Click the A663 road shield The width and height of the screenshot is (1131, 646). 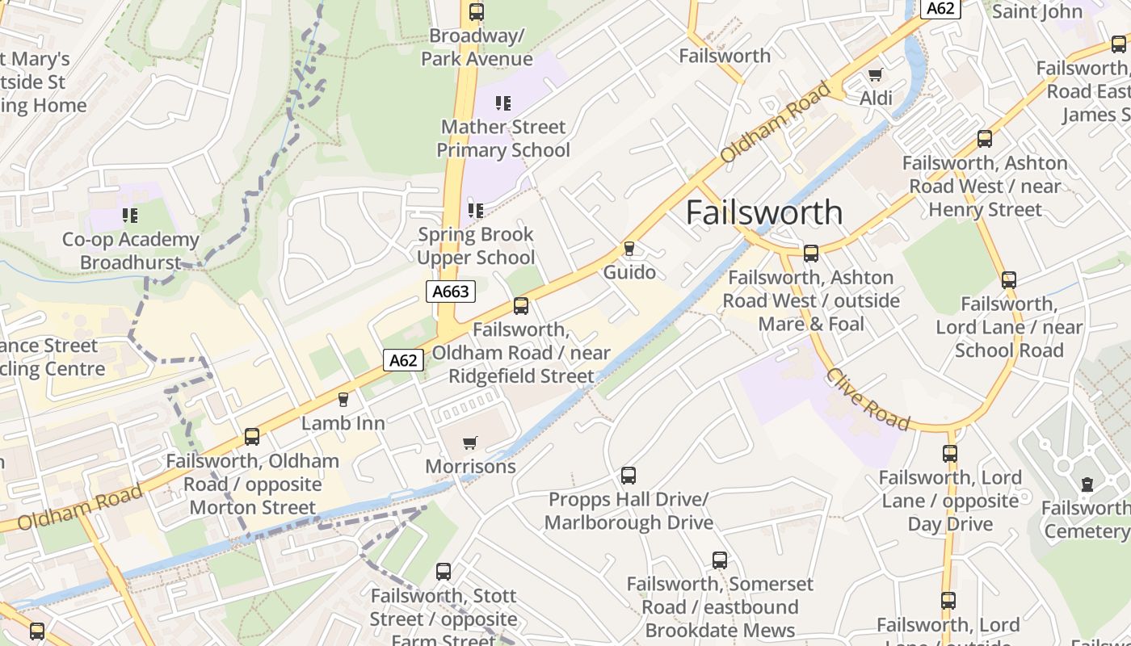[451, 292]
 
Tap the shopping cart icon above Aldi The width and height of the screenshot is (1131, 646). [874, 76]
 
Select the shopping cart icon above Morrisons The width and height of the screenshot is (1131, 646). [469, 443]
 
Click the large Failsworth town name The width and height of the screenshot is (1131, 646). [764, 212]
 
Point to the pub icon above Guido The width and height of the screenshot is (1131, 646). [629, 249]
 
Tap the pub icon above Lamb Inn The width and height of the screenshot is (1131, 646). [343, 399]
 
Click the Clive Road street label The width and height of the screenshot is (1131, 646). [868, 400]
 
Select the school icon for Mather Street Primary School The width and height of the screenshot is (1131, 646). [503, 103]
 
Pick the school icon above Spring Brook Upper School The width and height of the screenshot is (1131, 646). [476, 211]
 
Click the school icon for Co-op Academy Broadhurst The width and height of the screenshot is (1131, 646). [130, 216]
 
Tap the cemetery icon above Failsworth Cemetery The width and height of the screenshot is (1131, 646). [1087, 484]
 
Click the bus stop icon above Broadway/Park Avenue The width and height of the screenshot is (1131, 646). [477, 12]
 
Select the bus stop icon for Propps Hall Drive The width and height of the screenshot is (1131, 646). [629, 476]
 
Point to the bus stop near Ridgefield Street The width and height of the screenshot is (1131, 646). [521, 306]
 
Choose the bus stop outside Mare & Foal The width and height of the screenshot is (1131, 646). [811, 254]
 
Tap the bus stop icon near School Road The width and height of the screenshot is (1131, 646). [1008, 280]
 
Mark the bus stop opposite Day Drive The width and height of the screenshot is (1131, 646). [949, 454]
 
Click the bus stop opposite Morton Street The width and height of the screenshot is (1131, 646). [252, 437]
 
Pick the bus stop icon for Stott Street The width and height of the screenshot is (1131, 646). [444, 572]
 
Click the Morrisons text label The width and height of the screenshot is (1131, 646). [470, 467]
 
